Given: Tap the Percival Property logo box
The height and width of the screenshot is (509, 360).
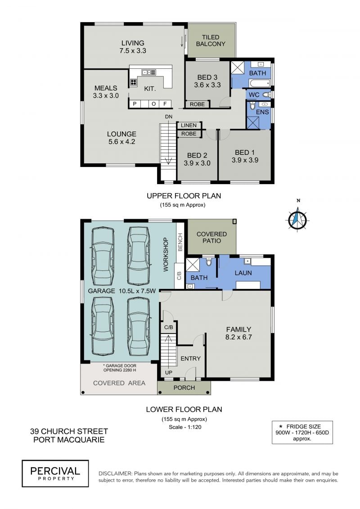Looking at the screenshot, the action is point(55,473).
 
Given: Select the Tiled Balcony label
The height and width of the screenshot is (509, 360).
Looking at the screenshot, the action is point(211,41).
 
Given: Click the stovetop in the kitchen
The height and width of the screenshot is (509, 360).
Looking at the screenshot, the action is point(133,82).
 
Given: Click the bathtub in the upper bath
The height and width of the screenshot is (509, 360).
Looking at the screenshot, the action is point(259,83).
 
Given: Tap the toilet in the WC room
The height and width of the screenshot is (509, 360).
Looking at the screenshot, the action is point(266,95).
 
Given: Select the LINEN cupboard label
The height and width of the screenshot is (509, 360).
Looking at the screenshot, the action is point(189,125).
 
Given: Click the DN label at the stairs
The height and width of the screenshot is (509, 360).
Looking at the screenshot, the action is point(168,117).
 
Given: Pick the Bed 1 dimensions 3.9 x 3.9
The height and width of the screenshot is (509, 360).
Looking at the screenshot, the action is point(245,160).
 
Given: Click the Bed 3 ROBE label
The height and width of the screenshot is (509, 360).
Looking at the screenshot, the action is point(198,104).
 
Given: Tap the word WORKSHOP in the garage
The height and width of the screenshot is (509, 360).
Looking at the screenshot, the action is point(166,254).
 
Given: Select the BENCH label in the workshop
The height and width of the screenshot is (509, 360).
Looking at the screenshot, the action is point(180,242).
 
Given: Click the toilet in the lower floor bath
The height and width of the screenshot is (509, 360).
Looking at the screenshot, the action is point(209,261).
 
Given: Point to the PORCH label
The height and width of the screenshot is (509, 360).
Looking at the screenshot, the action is point(184,387).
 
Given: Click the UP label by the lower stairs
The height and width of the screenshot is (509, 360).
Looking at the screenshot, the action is point(168,373).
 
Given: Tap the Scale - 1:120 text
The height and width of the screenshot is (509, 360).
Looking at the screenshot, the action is point(185,427).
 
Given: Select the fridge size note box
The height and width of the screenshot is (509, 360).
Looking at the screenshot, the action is point(302,432).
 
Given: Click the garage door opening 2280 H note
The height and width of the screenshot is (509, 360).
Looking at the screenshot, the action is point(119,368).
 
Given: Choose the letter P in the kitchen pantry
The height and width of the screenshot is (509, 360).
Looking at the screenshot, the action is point(135,104).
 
